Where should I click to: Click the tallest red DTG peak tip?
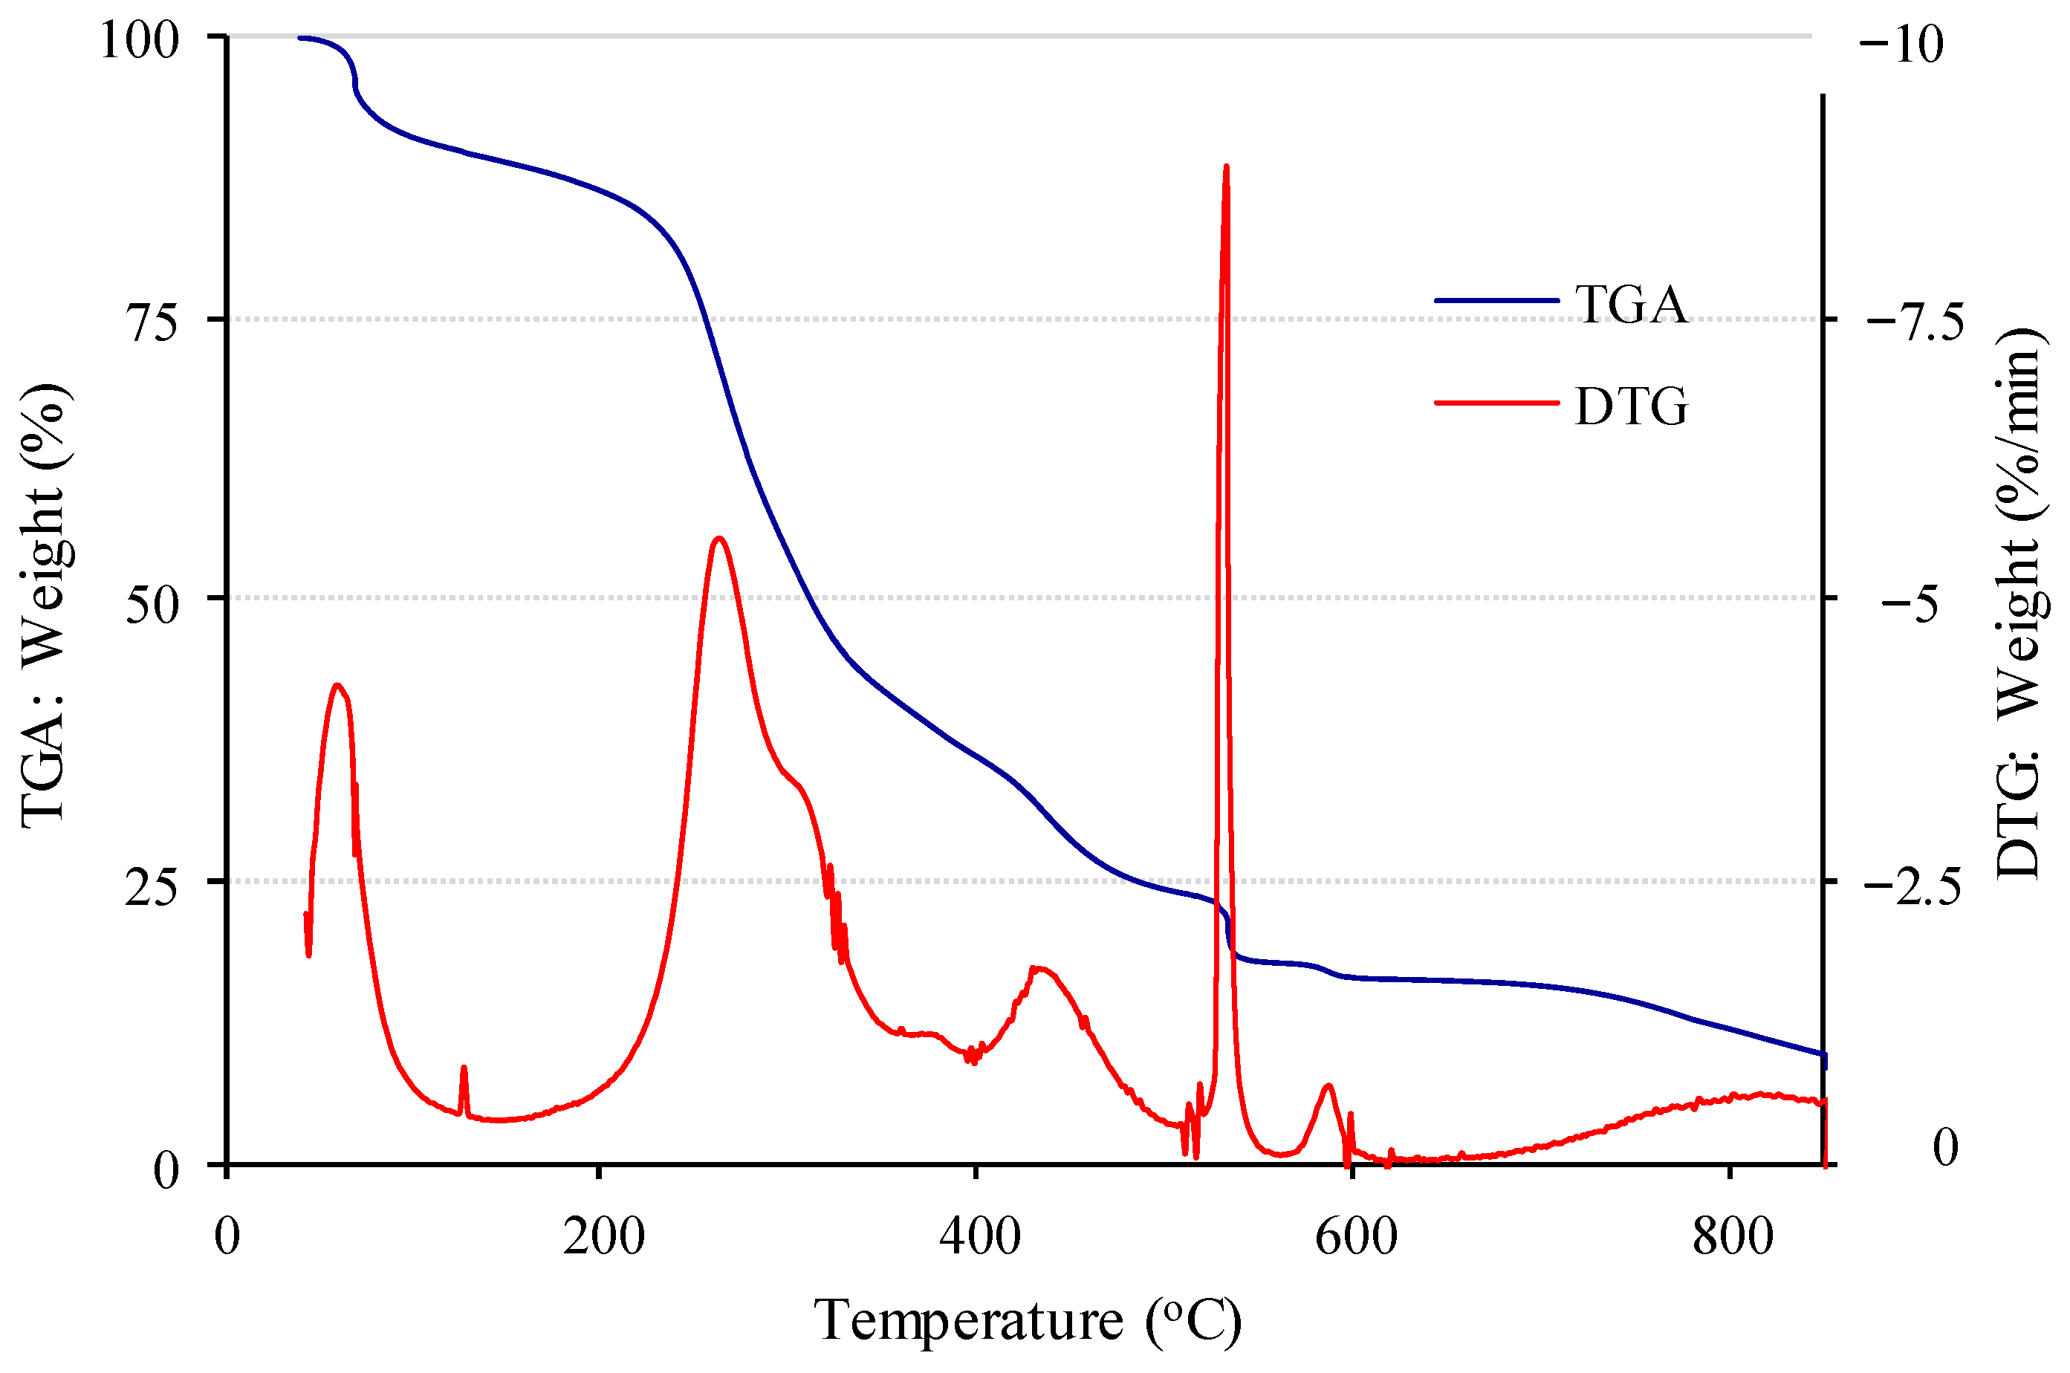point(1226,166)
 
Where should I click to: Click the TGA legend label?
point(1630,305)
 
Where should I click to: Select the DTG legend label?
point(1630,407)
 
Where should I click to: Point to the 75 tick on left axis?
point(152,322)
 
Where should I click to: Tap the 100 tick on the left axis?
point(140,40)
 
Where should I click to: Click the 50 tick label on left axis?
point(152,603)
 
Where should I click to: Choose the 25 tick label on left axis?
point(152,886)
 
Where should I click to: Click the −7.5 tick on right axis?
point(1914,322)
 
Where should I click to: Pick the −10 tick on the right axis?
point(1900,44)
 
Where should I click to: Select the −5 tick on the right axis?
point(1914,603)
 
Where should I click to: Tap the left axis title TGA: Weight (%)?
point(44,604)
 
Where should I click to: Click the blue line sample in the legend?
point(1496,300)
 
